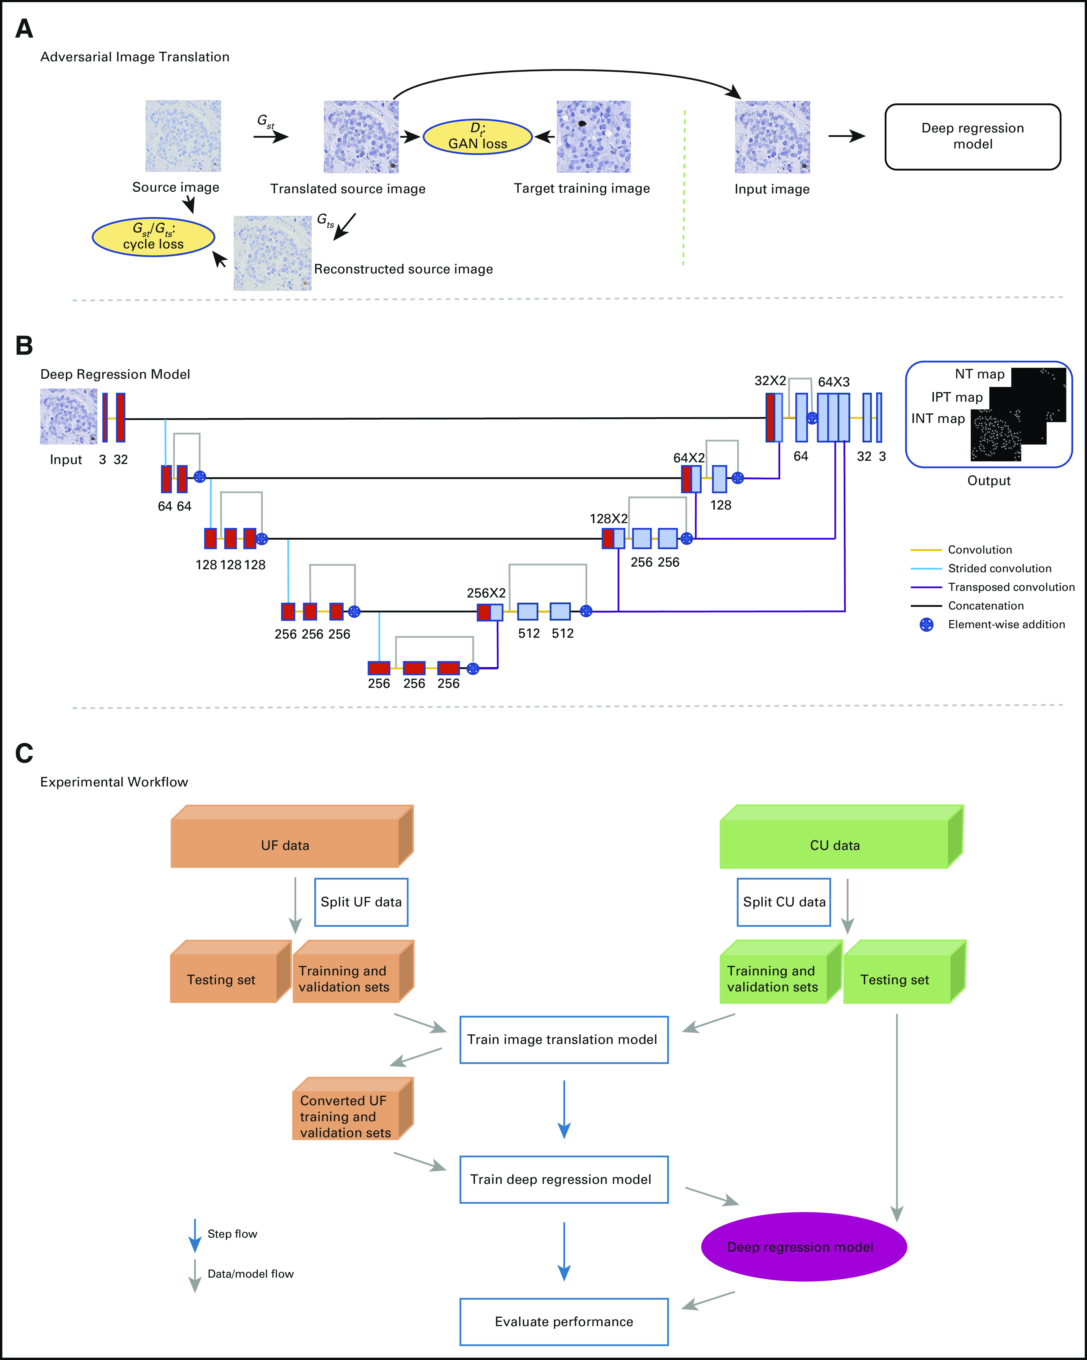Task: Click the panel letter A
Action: point(24,29)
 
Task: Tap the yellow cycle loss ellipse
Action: point(153,237)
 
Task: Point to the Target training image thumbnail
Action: point(593,136)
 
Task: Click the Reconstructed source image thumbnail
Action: point(272,253)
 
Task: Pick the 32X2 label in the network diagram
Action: point(770,381)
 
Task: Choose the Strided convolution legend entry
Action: point(999,568)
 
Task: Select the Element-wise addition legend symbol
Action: point(926,624)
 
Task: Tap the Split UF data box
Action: point(361,902)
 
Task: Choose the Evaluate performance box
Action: point(563,1322)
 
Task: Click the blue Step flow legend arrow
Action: point(195,1235)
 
